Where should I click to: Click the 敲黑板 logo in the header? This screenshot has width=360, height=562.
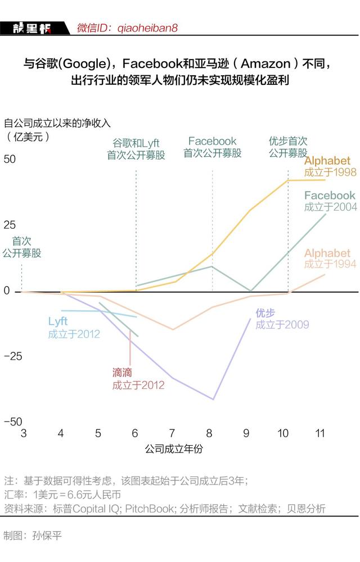pyautogui.click(x=32, y=28)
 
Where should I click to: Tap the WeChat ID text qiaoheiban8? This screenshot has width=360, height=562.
pyautogui.click(x=127, y=28)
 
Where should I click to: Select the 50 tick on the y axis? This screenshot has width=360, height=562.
pyautogui.click(x=10, y=159)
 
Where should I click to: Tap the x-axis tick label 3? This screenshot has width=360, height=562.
pyautogui.click(x=24, y=433)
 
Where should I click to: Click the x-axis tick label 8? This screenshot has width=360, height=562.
pyautogui.click(x=209, y=433)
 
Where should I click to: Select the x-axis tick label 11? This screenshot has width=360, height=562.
pyautogui.click(x=320, y=433)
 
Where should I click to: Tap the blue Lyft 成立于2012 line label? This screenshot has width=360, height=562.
pyautogui.click(x=73, y=328)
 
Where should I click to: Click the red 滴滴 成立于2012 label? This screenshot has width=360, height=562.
pyautogui.click(x=138, y=379)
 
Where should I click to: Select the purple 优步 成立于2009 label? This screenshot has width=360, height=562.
pyautogui.click(x=282, y=319)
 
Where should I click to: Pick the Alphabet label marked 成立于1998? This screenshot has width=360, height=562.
pyautogui.click(x=330, y=166)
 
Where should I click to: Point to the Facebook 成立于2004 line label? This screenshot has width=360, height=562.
pyautogui.click(x=330, y=201)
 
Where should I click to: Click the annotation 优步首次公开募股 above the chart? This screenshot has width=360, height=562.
pyautogui.click(x=287, y=147)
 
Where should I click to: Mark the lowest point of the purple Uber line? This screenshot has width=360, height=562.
pyautogui.click(x=213, y=399)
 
